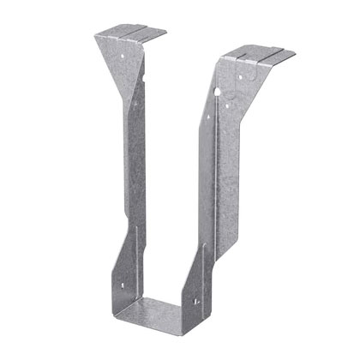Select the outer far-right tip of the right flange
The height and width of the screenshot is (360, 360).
coord(296,60)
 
